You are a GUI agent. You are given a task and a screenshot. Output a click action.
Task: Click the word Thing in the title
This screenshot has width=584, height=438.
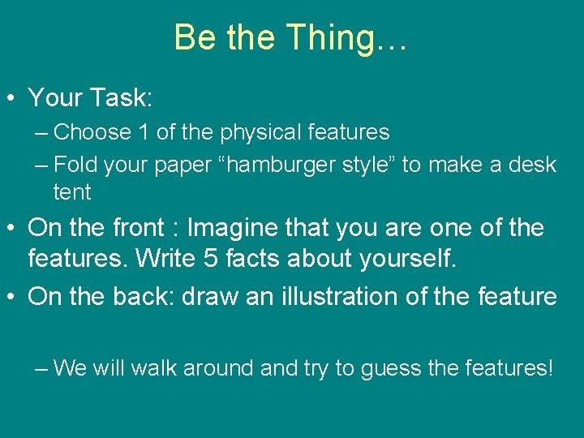click(328, 37)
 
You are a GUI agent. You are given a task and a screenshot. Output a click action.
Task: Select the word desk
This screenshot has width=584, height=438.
click(532, 165)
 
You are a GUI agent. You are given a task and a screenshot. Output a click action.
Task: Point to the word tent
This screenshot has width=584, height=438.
click(71, 192)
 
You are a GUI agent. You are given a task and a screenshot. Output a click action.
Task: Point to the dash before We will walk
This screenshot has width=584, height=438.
click(42, 368)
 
